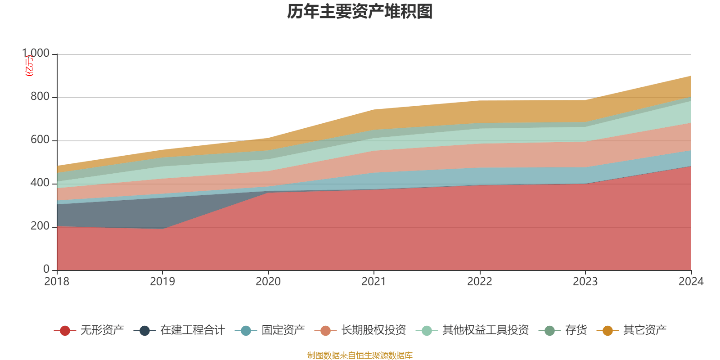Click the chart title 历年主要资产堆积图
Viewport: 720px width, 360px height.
pos(360,12)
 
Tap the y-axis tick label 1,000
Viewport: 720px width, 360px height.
pos(36,54)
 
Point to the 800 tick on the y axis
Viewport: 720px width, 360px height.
pos(40,97)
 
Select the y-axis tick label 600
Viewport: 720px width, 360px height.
pos(40,140)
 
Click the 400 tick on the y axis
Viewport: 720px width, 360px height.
pos(40,183)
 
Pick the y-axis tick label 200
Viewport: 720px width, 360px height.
pos(40,226)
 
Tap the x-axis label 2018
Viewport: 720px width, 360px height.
pos(57,282)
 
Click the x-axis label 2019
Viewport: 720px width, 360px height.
pos(162,282)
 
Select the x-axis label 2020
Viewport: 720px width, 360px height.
pos(268,282)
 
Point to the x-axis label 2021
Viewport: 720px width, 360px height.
pos(374,282)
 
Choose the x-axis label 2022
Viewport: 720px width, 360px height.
pos(480,282)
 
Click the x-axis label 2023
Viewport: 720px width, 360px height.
pos(585,282)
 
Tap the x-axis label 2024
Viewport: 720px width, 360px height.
pos(691,282)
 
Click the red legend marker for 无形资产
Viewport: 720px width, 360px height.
pos(65,331)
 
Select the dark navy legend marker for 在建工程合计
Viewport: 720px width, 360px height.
pos(144,331)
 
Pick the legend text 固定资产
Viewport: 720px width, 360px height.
pos(283,330)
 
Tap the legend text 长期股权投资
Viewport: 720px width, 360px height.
pos(373,330)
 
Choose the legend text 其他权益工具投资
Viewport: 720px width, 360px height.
pos(485,330)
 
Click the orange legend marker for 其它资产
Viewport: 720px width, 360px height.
pos(607,331)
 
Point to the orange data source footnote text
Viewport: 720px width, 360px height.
pos(360,355)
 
